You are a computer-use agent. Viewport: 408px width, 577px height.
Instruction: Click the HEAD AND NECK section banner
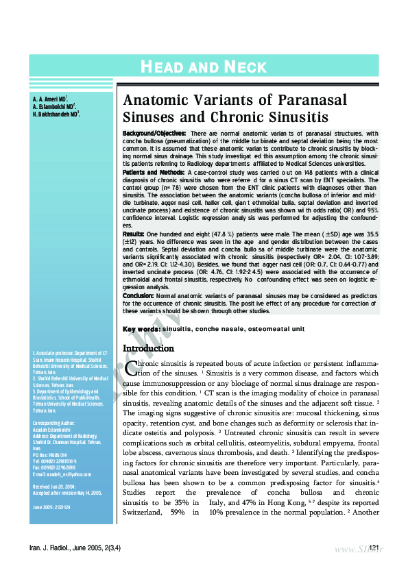[x=203, y=66]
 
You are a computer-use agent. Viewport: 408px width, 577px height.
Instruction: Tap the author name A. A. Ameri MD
[x=49, y=99]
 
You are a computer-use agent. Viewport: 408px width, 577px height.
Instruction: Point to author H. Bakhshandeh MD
[x=56, y=114]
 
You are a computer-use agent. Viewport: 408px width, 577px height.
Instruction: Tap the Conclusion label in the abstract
[x=139, y=295]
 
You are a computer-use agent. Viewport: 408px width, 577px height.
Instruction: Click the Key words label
[x=141, y=330]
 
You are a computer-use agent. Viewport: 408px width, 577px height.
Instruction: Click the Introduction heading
[x=148, y=349]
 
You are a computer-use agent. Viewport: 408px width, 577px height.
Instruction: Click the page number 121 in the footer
[x=374, y=547]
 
